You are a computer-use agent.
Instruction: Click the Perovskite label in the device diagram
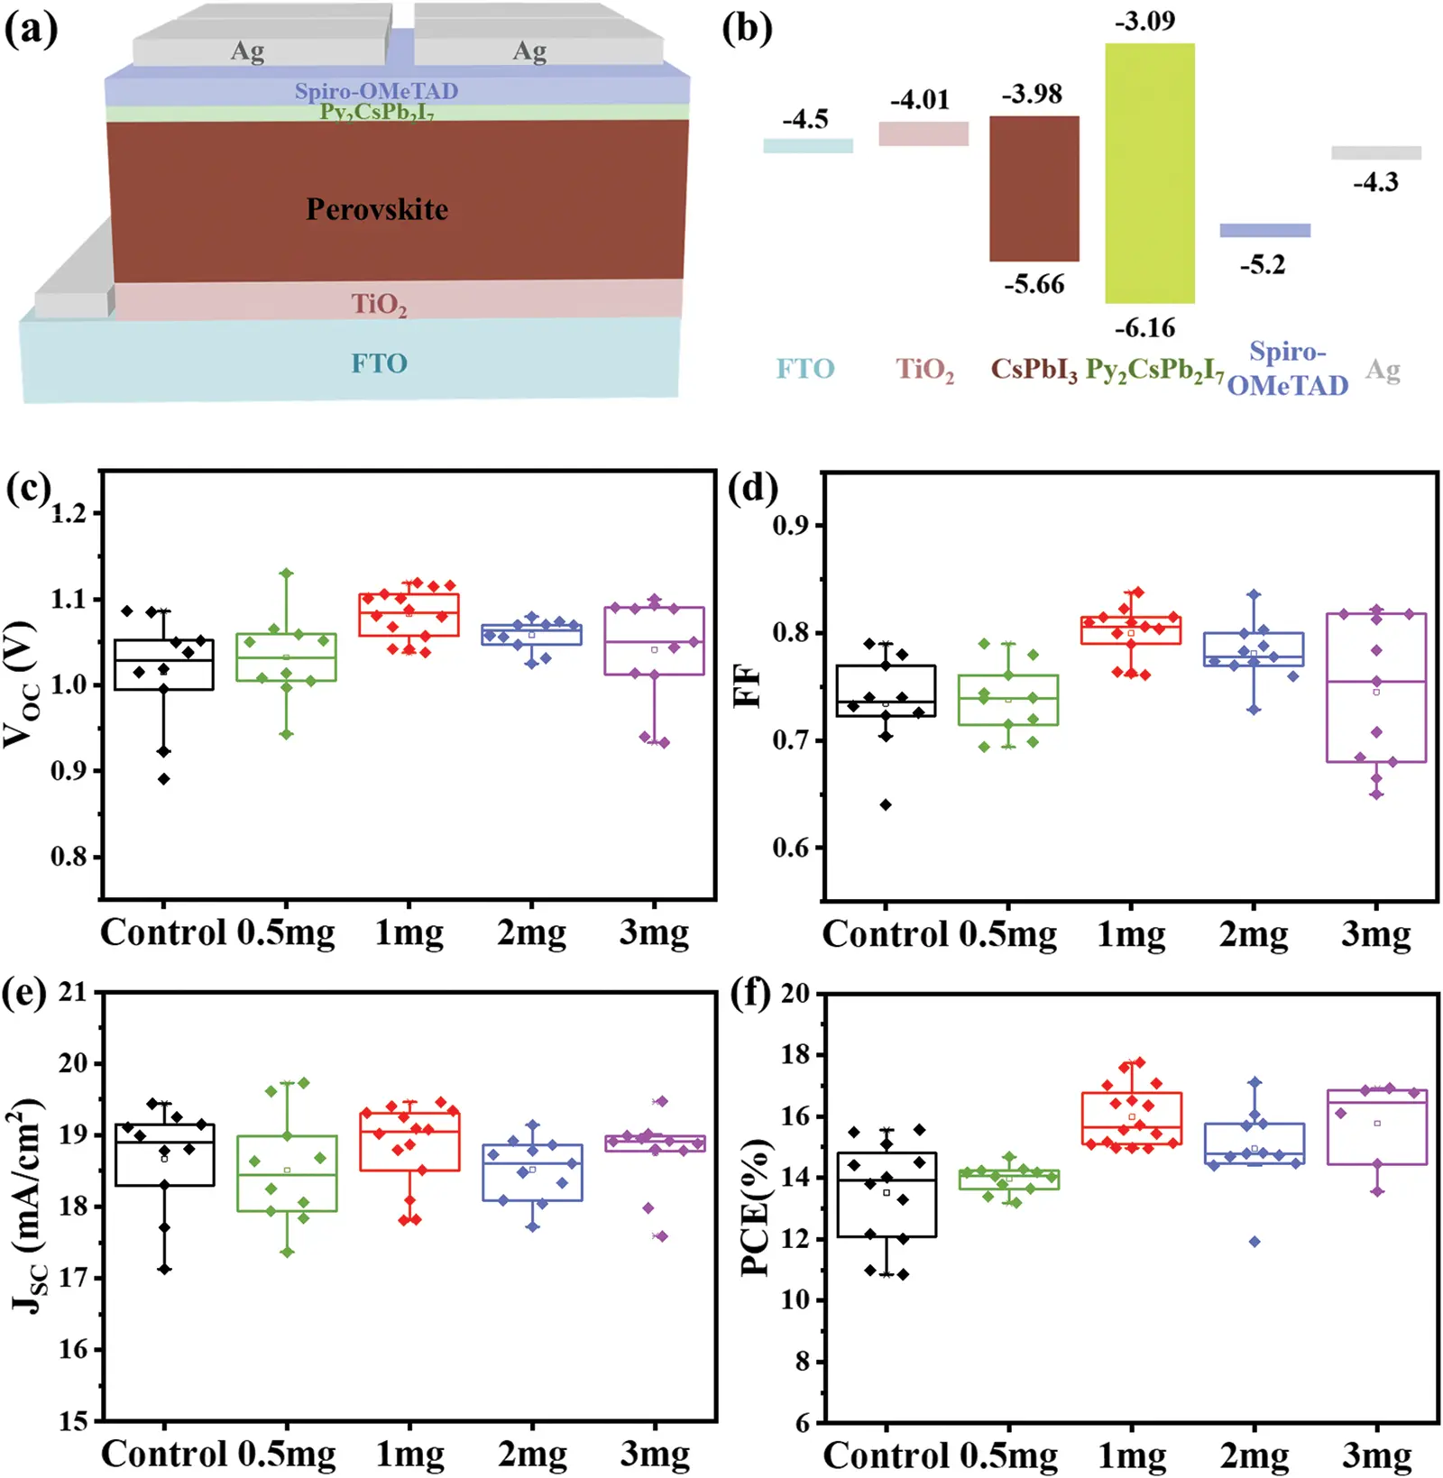pyautogui.click(x=377, y=209)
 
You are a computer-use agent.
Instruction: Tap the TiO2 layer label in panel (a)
pyautogui.click(x=379, y=304)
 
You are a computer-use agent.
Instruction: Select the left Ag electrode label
pyautogui.click(x=247, y=50)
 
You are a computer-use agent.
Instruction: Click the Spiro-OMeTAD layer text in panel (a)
pyautogui.click(x=376, y=90)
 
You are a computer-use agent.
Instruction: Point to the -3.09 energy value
pyautogui.click(x=1144, y=21)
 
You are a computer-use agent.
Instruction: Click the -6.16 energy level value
pyautogui.click(x=1144, y=328)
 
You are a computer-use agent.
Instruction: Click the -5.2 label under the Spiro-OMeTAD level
pyautogui.click(x=1262, y=265)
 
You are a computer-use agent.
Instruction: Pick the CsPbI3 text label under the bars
pyautogui.click(x=1034, y=369)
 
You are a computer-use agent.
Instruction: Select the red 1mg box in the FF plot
pyautogui.click(x=1131, y=630)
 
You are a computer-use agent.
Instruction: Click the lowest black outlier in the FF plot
pyautogui.click(x=886, y=804)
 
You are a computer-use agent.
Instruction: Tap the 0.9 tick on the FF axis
pyautogui.click(x=791, y=526)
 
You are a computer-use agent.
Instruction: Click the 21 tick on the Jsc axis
pyautogui.click(x=72, y=992)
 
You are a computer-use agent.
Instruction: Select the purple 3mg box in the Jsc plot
pyautogui.click(x=655, y=1143)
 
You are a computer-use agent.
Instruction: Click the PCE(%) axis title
pyautogui.click(x=756, y=1207)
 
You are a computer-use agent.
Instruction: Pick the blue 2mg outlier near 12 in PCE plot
pyautogui.click(x=1255, y=1242)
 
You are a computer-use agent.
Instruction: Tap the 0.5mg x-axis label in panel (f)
pyautogui.click(x=1008, y=1455)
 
